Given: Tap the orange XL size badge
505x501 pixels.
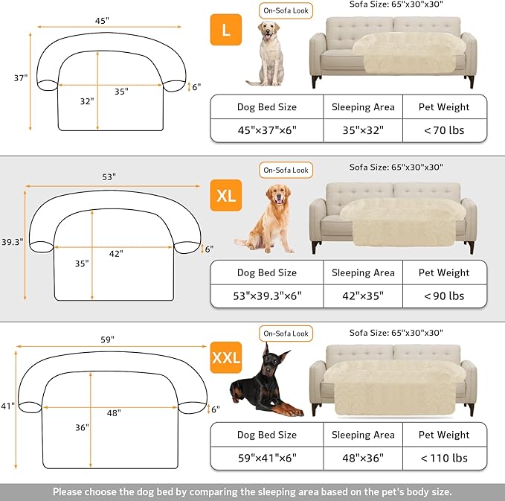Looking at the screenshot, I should [x=226, y=196].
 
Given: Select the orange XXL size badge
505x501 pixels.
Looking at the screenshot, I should [x=226, y=358].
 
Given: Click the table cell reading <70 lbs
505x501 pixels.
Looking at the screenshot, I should [x=444, y=130].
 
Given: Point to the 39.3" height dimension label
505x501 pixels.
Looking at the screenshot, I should [x=12, y=241].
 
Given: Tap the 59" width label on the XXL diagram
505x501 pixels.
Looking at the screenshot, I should [x=108, y=339].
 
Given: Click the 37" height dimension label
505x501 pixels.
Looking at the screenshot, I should [x=20, y=77].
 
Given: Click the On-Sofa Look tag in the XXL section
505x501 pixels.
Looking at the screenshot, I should [x=286, y=333].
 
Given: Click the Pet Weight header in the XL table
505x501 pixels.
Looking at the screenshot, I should [x=443, y=272].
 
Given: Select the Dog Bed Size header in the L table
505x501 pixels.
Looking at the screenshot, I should [x=266, y=107].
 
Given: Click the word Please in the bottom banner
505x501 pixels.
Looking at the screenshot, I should [x=71, y=491].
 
